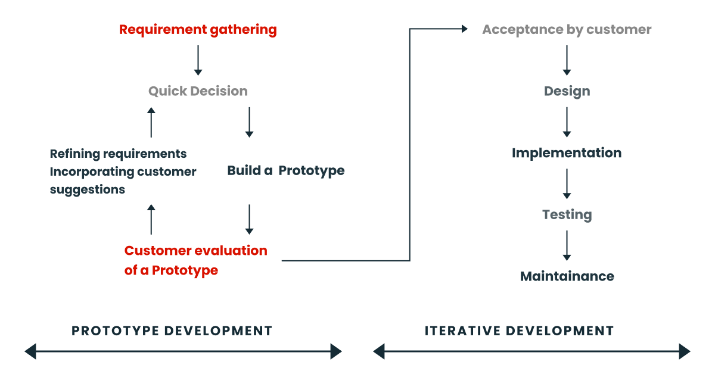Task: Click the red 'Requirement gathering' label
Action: pyautogui.click(x=198, y=30)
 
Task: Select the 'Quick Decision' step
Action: pyautogui.click(x=198, y=91)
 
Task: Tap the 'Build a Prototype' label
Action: pyautogui.click(x=285, y=171)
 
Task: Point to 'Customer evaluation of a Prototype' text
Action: pyautogui.click(x=195, y=260)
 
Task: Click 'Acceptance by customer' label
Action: pyautogui.click(x=567, y=30)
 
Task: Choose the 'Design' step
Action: pyautogui.click(x=567, y=91)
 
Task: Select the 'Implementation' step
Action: pyautogui.click(x=567, y=153)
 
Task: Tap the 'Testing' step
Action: pyautogui.click(x=567, y=214)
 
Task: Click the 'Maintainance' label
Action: pyautogui.click(x=567, y=276)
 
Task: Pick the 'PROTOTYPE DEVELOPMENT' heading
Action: pyautogui.click(x=172, y=331)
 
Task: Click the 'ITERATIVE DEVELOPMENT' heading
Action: pyautogui.click(x=519, y=331)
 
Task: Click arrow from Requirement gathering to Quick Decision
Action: pyautogui.click(x=198, y=60)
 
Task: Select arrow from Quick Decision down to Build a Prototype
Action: pyautogui.click(x=249, y=122)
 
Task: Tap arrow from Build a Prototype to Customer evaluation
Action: pyautogui.click(x=249, y=219)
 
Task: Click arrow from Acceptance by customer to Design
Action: pyautogui.click(x=567, y=60)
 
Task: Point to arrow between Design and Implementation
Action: pyautogui.click(x=567, y=122)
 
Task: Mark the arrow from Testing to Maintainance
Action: pyautogui.click(x=567, y=245)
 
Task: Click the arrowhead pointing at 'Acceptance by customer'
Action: pyautogui.click(x=464, y=29)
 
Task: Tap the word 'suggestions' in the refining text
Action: pyautogui.click(x=88, y=189)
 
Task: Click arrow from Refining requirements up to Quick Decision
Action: pyautogui.click(x=151, y=122)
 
